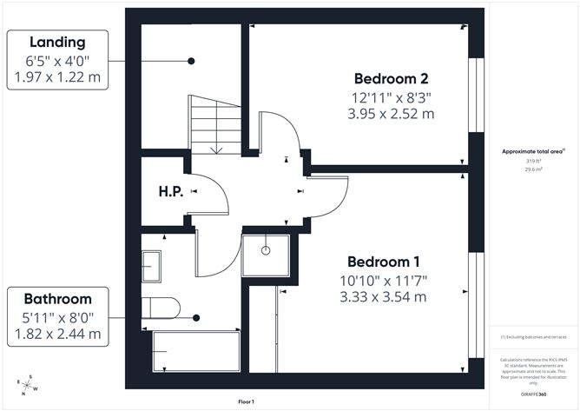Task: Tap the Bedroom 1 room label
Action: click(384, 262)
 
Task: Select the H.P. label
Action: click(170, 191)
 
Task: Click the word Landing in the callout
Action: click(57, 43)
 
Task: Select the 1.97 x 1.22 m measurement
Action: click(57, 78)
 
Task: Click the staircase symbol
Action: click(214, 123)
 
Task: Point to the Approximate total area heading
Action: click(533, 151)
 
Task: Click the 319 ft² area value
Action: click(532, 162)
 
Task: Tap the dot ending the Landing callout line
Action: click(190, 61)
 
